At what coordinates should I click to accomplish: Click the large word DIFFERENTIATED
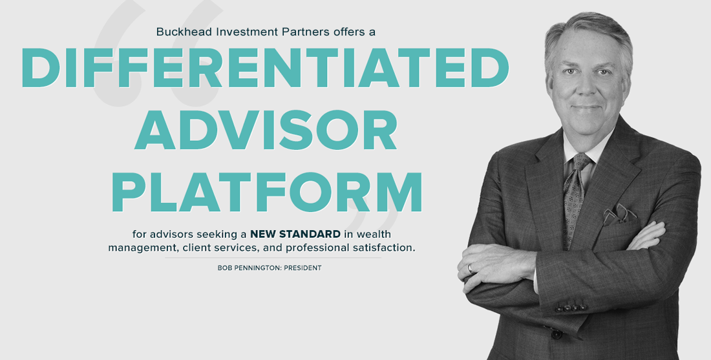(x=265, y=68)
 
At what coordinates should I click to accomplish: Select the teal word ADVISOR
(x=266, y=129)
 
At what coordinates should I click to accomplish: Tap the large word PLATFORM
(x=266, y=192)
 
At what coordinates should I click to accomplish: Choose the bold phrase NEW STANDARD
(x=295, y=234)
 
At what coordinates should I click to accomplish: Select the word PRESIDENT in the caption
(x=302, y=268)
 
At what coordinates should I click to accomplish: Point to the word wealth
(x=373, y=234)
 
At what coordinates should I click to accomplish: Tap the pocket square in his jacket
(x=619, y=214)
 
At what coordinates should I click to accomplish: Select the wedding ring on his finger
(x=470, y=268)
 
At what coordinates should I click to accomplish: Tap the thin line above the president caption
(x=273, y=258)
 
